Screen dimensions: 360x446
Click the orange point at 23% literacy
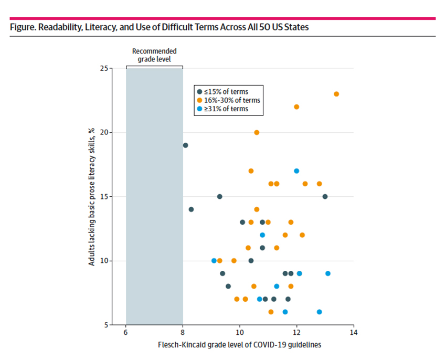(x=336, y=94)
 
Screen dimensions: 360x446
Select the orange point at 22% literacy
(x=296, y=107)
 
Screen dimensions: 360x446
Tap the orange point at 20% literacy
(x=257, y=132)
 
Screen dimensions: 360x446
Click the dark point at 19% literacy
(x=185, y=145)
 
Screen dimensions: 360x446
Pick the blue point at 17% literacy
(x=296, y=171)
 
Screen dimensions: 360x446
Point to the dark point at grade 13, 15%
(x=325, y=197)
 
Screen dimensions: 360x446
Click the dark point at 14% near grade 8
(x=191, y=209)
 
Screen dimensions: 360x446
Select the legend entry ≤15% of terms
(x=226, y=91)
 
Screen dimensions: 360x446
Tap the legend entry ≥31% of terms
(x=226, y=109)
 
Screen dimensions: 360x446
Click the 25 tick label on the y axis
(x=103, y=68)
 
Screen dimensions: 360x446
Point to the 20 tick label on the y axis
(x=103, y=132)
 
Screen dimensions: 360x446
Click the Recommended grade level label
(x=154, y=55)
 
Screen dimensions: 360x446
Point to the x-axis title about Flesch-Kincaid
(x=239, y=345)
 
